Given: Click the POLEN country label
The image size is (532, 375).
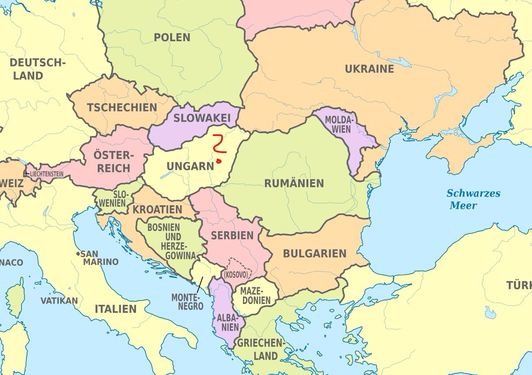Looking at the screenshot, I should click(172, 37).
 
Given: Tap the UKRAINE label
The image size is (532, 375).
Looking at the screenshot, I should click(369, 69).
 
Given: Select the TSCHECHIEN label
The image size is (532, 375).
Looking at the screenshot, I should click(122, 107).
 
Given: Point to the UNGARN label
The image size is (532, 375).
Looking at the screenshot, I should click(190, 166).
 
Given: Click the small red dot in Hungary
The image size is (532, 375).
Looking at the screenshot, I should click(219, 161).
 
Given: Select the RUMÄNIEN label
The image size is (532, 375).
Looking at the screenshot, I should click(294, 183).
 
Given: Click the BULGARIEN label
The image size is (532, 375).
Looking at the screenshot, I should click(314, 254).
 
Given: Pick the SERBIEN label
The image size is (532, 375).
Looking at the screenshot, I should click(232, 235).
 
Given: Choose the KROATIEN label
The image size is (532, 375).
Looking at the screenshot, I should click(157, 209).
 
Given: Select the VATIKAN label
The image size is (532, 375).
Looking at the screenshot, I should click(59, 301).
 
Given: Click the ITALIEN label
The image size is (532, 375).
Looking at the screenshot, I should click(115, 309).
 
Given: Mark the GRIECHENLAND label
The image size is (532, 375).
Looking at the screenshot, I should click(259, 349).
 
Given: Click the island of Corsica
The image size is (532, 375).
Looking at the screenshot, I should click(16, 297).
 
